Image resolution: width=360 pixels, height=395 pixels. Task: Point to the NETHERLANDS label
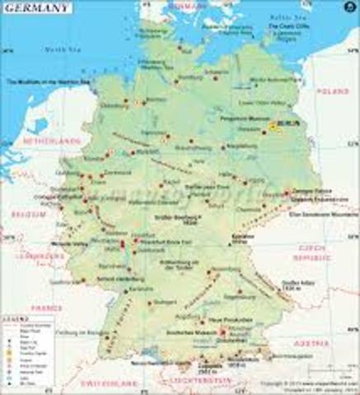[x=55, y=141]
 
